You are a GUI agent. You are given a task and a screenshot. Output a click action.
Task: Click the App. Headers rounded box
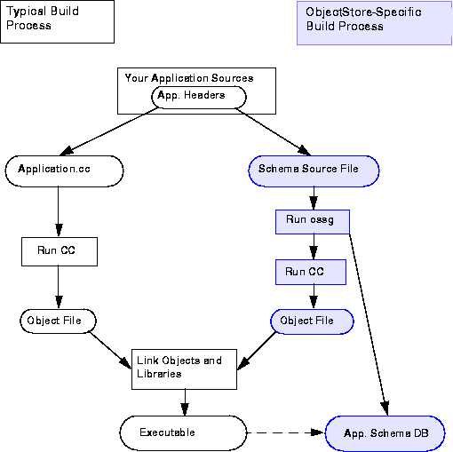click(199, 98)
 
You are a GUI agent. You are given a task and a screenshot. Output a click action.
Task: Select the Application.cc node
click(64, 171)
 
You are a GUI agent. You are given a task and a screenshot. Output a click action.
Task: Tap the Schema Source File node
click(314, 171)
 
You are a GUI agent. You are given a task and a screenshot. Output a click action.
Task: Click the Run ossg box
click(313, 222)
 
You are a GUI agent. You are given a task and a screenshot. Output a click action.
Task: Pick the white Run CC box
click(60, 251)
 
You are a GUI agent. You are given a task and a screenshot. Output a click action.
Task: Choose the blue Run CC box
click(311, 273)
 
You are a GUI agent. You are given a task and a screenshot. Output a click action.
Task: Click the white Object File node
click(58, 321)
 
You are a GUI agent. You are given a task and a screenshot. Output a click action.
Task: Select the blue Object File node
click(312, 321)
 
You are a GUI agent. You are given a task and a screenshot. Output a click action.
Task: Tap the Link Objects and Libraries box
click(184, 369)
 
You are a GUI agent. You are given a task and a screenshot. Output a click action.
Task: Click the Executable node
click(183, 433)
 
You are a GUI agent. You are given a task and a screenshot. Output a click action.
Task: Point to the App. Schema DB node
click(385, 433)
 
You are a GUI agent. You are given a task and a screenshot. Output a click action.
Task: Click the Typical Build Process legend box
click(58, 21)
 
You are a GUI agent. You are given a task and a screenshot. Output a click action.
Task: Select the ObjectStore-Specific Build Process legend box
click(375, 23)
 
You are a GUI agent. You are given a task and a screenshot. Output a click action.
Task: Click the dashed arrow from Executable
click(286, 432)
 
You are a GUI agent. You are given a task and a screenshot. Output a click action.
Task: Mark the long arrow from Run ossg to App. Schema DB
click(369, 325)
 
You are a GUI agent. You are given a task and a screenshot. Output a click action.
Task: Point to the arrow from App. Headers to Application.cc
click(109, 131)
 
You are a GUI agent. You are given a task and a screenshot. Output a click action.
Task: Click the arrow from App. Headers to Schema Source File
click(274, 132)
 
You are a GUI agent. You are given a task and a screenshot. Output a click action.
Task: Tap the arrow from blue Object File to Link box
click(257, 351)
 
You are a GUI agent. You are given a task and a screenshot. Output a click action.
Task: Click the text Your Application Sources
click(189, 78)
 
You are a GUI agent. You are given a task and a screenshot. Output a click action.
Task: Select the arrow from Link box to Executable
click(185, 402)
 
